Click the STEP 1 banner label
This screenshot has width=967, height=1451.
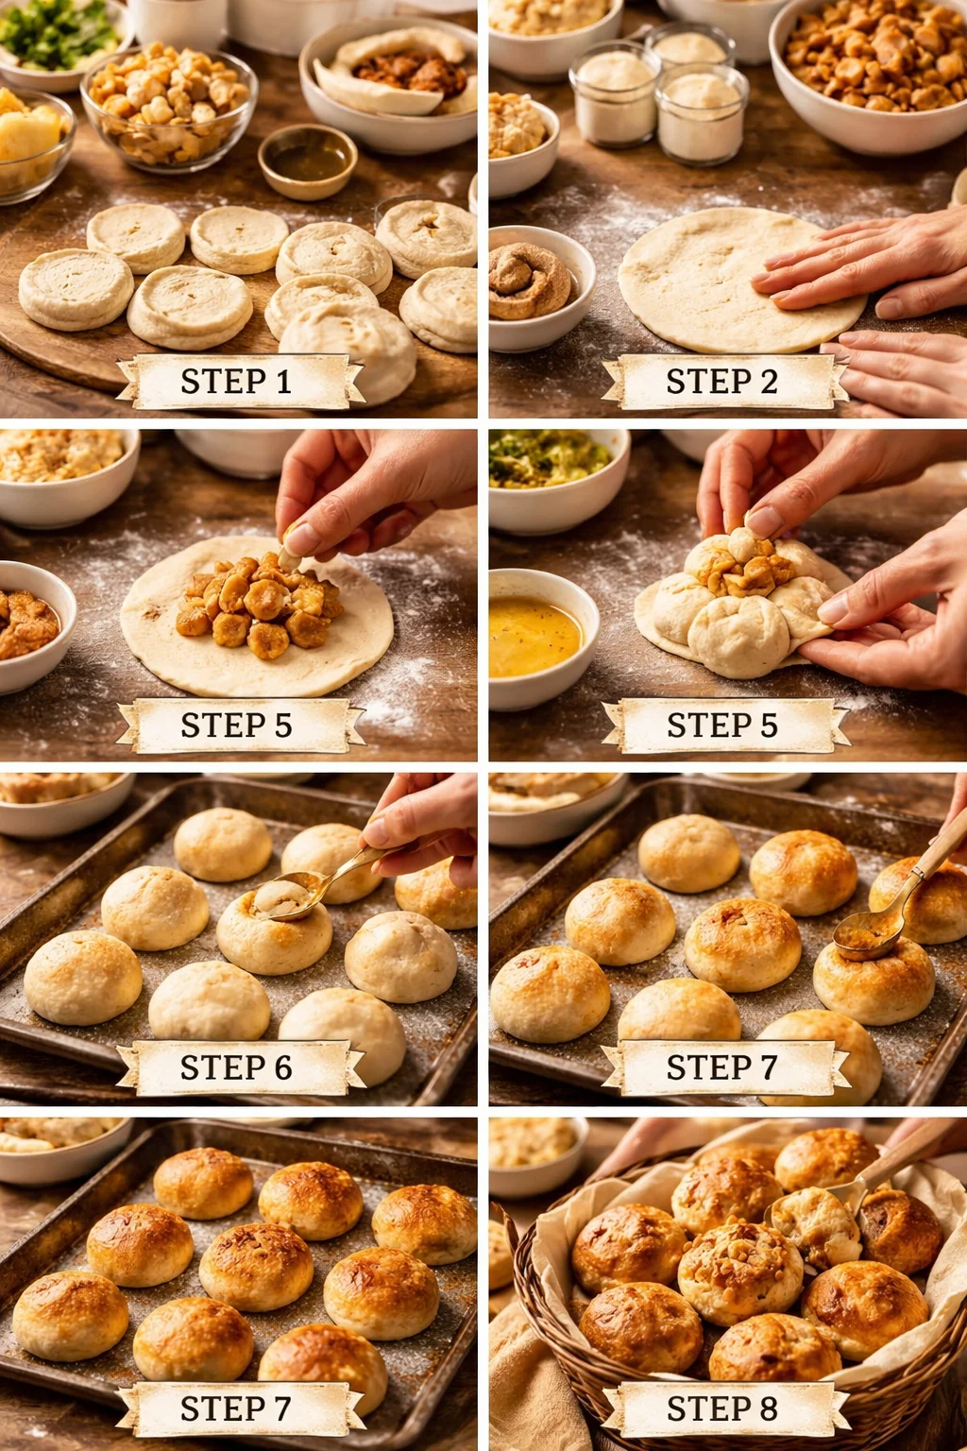[x=236, y=382]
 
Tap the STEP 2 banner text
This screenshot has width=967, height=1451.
[x=722, y=382]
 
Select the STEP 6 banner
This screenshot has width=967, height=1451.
[x=236, y=1067]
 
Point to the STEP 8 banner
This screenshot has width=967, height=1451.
[x=722, y=1408]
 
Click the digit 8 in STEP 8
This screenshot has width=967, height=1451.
[x=769, y=1408]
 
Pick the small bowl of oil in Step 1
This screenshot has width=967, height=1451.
[x=307, y=162]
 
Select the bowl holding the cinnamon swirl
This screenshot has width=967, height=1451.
[x=534, y=282]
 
